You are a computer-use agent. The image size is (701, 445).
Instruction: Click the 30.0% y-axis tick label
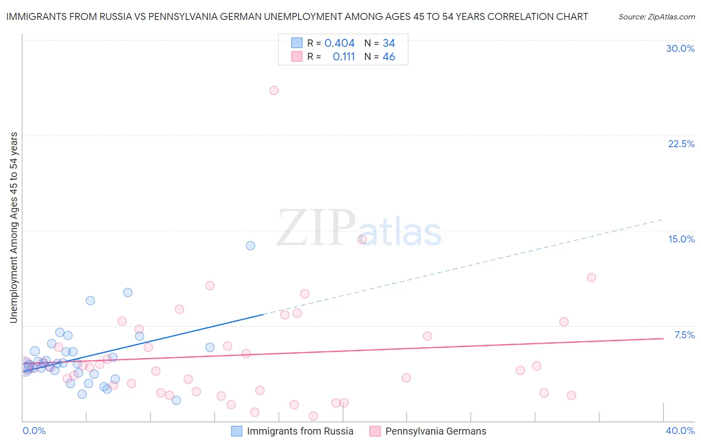[x=680, y=48]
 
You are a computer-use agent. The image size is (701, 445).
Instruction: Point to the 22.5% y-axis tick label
[x=681, y=144]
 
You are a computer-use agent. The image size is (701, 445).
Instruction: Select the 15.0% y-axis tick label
[x=681, y=239]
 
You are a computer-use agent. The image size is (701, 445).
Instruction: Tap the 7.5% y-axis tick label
[x=684, y=335]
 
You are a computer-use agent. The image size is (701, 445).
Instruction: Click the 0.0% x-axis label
[x=34, y=431]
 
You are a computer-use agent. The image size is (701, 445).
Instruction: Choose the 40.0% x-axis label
[x=680, y=431]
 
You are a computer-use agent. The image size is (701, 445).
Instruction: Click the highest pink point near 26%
[x=274, y=90]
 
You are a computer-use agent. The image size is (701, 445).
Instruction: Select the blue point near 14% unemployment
[x=250, y=245]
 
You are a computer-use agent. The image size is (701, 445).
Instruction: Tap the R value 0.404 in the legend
[x=340, y=43]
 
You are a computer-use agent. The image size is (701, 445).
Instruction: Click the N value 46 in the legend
[x=388, y=57]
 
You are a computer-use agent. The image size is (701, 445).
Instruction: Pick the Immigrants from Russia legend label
[x=300, y=431]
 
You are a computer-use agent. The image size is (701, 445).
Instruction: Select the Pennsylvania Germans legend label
[x=435, y=431]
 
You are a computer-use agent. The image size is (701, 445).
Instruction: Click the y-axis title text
[x=14, y=227]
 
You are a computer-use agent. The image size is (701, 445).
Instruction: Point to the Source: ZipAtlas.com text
[x=656, y=16]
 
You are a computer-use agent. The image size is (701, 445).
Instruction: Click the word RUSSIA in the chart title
[x=114, y=16]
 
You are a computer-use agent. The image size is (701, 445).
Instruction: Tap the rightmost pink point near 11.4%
[x=591, y=277]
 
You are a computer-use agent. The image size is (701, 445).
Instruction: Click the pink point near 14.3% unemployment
[x=362, y=239]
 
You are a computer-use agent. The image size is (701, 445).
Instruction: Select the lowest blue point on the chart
[x=176, y=400]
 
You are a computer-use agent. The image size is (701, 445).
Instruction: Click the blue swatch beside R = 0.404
[x=297, y=43]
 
